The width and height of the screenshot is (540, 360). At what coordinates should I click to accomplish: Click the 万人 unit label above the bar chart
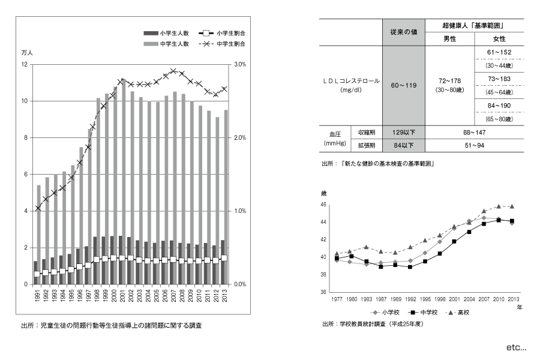[27, 53]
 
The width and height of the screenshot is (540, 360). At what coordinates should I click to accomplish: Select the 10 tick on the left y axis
[25, 101]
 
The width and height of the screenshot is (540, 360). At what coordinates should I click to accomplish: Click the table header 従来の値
[403, 32]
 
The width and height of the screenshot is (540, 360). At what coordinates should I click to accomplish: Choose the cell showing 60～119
[403, 86]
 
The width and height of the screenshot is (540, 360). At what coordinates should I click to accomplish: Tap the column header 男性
[449, 39]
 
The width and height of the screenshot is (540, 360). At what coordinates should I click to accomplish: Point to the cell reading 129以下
[403, 131]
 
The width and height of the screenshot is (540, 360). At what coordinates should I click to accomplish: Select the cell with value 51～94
[474, 145]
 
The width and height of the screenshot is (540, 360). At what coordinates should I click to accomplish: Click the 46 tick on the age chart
[323, 205]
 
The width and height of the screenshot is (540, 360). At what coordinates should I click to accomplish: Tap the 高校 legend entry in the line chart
[460, 312]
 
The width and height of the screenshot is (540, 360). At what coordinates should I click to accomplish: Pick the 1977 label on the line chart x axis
[337, 298]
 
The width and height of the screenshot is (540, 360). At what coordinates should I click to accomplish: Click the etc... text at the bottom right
[515, 347]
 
